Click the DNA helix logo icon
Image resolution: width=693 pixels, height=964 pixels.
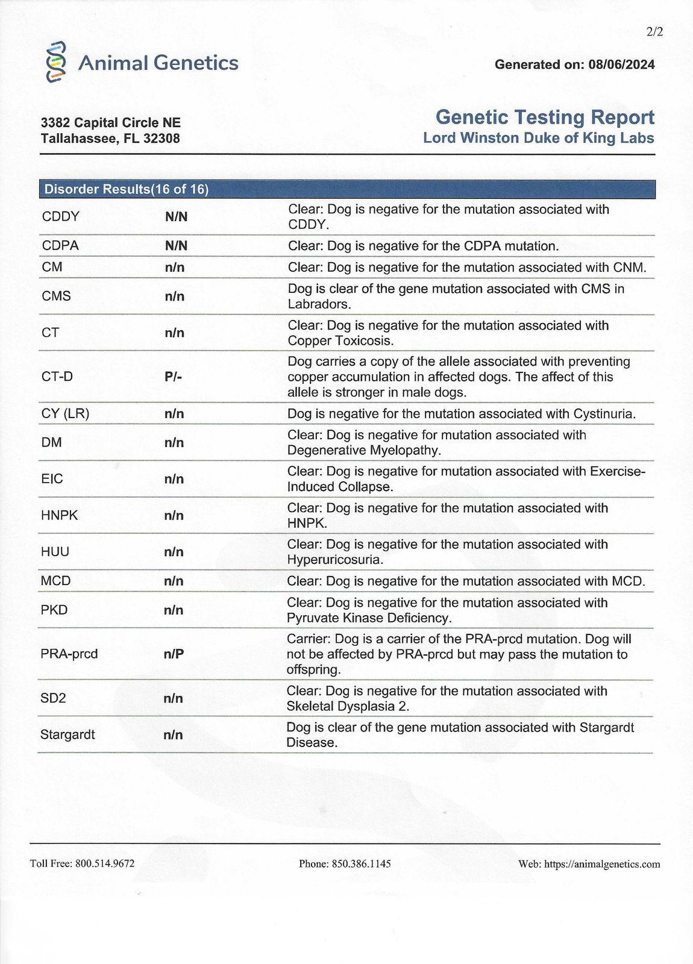click(55, 62)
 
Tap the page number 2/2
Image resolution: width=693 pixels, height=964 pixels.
click(654, 32)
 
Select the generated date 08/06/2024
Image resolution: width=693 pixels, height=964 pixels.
click(621, 64)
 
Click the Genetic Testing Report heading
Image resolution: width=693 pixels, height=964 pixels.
click(545, 117)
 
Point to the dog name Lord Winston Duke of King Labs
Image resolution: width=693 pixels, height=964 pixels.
click(538, 138)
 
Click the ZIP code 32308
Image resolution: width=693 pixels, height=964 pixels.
click(161, 139)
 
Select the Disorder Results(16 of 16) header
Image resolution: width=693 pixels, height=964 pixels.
click(127, 189)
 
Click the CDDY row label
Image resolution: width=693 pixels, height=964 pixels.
click(60, 216)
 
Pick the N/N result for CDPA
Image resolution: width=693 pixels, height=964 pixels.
click(176, 246)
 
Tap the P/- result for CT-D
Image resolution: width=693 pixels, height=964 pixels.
click(173, 377)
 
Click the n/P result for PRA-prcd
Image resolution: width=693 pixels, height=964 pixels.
click(174, 654)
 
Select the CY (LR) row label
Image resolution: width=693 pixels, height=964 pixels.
click(65, 414)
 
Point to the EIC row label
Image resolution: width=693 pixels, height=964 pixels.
click(52, 479)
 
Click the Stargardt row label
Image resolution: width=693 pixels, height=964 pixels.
click(67, 734)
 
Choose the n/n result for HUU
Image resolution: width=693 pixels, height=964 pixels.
click(174, 552)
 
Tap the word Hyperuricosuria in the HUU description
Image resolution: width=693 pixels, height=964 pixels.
click(335, 560)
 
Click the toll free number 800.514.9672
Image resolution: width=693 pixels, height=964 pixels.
click(105, 863)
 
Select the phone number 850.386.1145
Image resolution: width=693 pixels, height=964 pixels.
click(361, 863)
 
